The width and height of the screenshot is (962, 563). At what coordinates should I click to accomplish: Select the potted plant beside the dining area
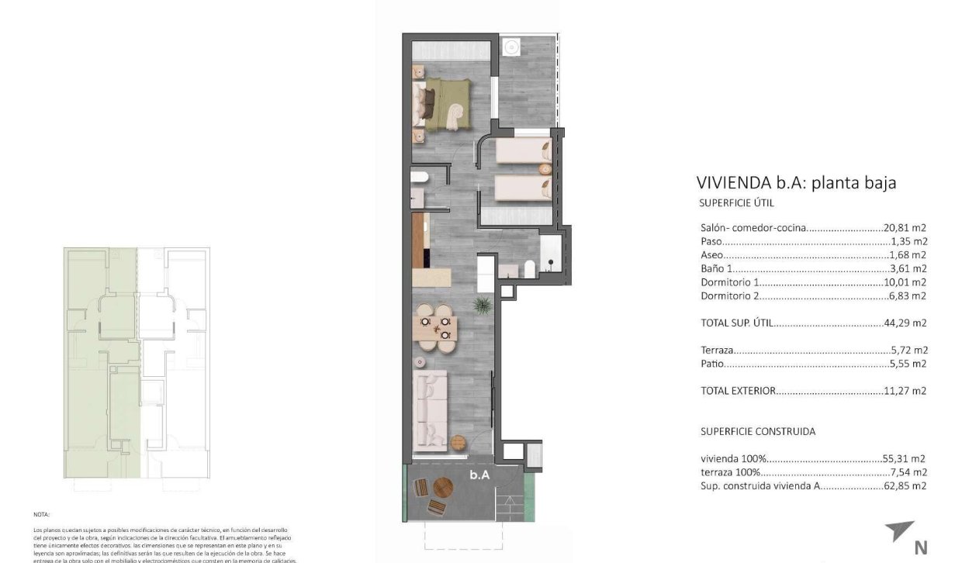tap(482, 303)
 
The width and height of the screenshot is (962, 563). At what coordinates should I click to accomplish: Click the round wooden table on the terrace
tap(443, 488)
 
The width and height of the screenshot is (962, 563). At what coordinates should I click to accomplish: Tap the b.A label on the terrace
tap(479, 476)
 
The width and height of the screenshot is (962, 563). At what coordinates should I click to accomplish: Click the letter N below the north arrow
tap(921, 547)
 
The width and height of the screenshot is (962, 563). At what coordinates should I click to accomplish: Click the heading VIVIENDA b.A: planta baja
tap(797, 184)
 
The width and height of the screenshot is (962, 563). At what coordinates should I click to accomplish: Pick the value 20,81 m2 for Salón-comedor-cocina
tap(905, 228)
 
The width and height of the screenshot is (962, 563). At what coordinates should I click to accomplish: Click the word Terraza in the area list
tap(717, 350)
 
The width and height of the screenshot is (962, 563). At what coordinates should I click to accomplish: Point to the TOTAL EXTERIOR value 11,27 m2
tap(905, 391)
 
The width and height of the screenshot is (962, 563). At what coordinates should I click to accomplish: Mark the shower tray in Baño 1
tap(550, 251)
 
